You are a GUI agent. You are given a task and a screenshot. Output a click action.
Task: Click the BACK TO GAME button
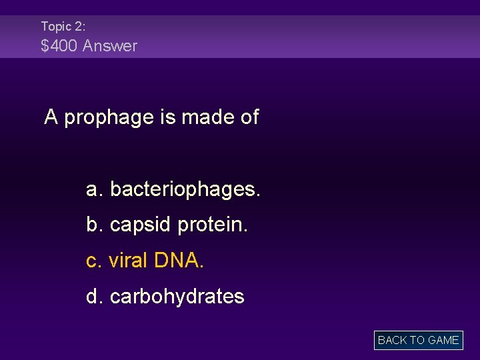pyautogui.click(x=418, y=340)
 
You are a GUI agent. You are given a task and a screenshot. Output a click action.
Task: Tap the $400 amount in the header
pyautogui.click(x=58, y=46)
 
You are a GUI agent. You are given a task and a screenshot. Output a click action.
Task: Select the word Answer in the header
pyautogui.click(x=110, y=46)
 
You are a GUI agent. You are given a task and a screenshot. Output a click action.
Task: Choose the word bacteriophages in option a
pyautogui.click(x=185, y=190)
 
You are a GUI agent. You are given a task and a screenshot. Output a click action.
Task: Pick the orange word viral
pyautogui.click(x=128, y=261)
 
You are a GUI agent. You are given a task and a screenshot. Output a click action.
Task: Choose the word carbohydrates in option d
pyautogui.click(x=177, y=296)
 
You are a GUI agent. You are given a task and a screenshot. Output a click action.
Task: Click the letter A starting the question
pyautogui.click(x=51, y=117)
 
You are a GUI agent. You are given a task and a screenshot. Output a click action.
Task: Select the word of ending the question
pyautogui.click(x=249, y=117)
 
